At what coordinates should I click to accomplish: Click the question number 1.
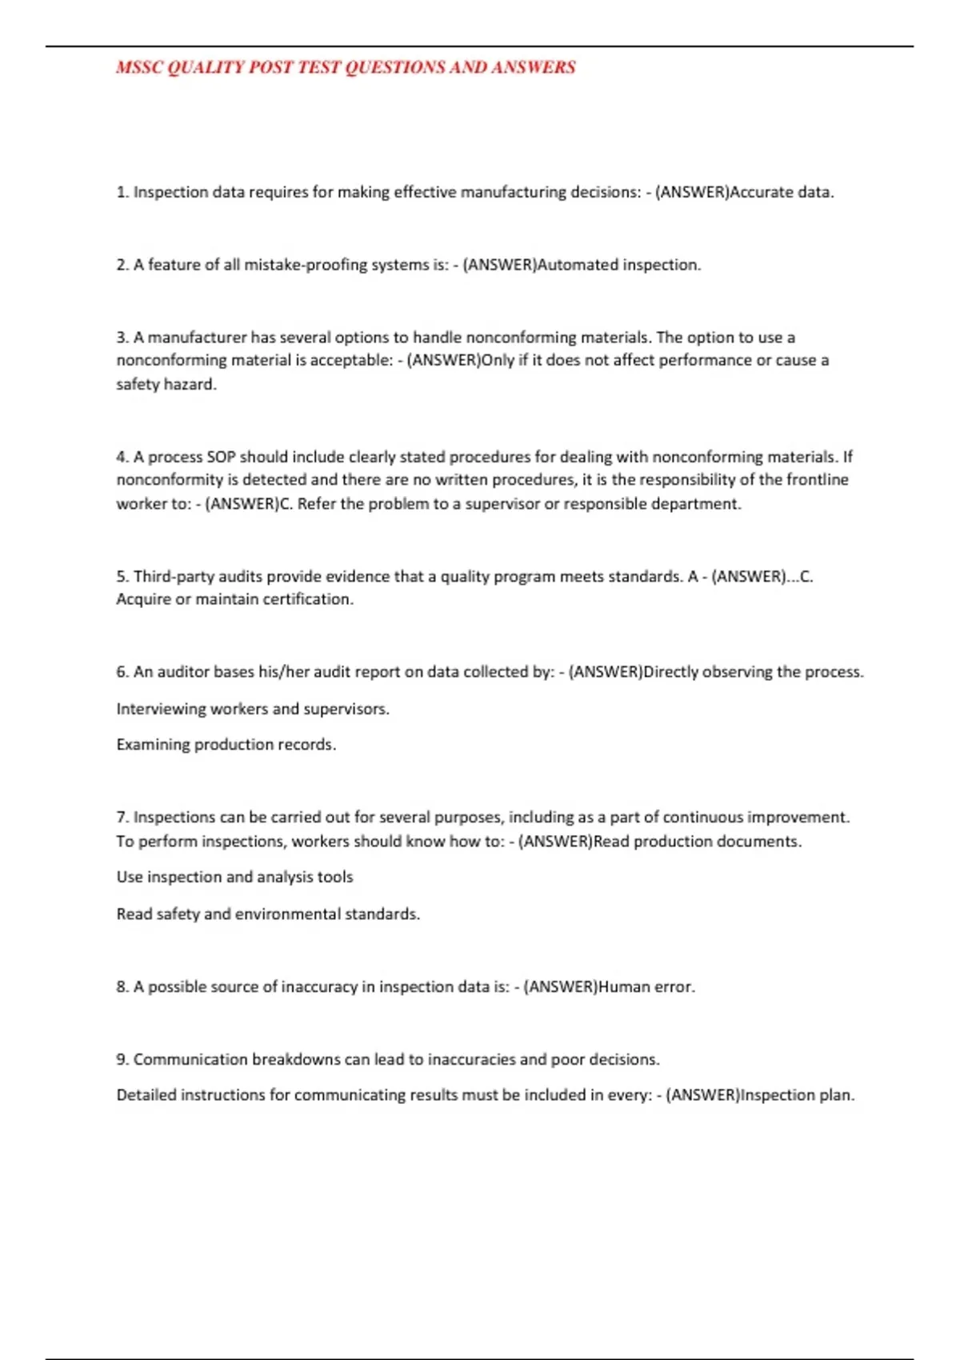pyautogui.click(x=122, y=192)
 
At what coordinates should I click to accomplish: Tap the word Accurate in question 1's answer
pyautogui.click(x=761, y=192)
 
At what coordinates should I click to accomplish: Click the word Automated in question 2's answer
pyautogui.click(x=578, y=265)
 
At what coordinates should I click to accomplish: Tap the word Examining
pyautogui.click(x=153, y=745)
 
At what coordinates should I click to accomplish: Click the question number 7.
pyautogui.click(x=122, y=817)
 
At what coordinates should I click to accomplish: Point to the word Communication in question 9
pyautogui.click(x=190, y=1059)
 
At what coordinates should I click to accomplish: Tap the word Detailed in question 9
pyautogui.click(x=146, y=1094)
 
